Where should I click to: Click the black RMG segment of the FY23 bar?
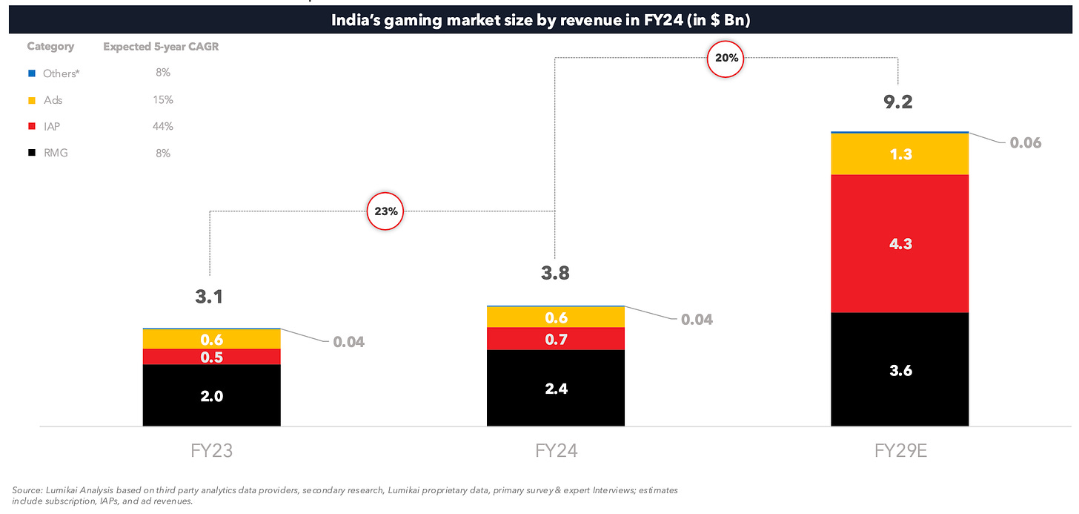coord(211,395)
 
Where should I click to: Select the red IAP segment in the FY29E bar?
coord(900,243)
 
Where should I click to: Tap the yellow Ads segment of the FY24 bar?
coord(555,317)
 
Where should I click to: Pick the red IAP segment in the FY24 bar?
coord(555,339)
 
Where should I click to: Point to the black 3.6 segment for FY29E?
coord(900,369)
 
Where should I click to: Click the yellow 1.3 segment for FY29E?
coord(900,154)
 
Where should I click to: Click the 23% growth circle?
coord(386,211)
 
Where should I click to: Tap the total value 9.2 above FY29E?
coord(897,102)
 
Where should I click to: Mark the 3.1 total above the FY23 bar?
coord(209,297)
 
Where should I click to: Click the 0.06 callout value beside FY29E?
coord(1026,142)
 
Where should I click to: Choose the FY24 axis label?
coord(555,451)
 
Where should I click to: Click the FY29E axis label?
coord(900,451)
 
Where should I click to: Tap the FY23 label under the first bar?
coord(211,451)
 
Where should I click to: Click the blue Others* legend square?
coord(31,73)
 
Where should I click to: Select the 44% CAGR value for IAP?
coord(162,126)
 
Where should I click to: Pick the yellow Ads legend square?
coord(31,100)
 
